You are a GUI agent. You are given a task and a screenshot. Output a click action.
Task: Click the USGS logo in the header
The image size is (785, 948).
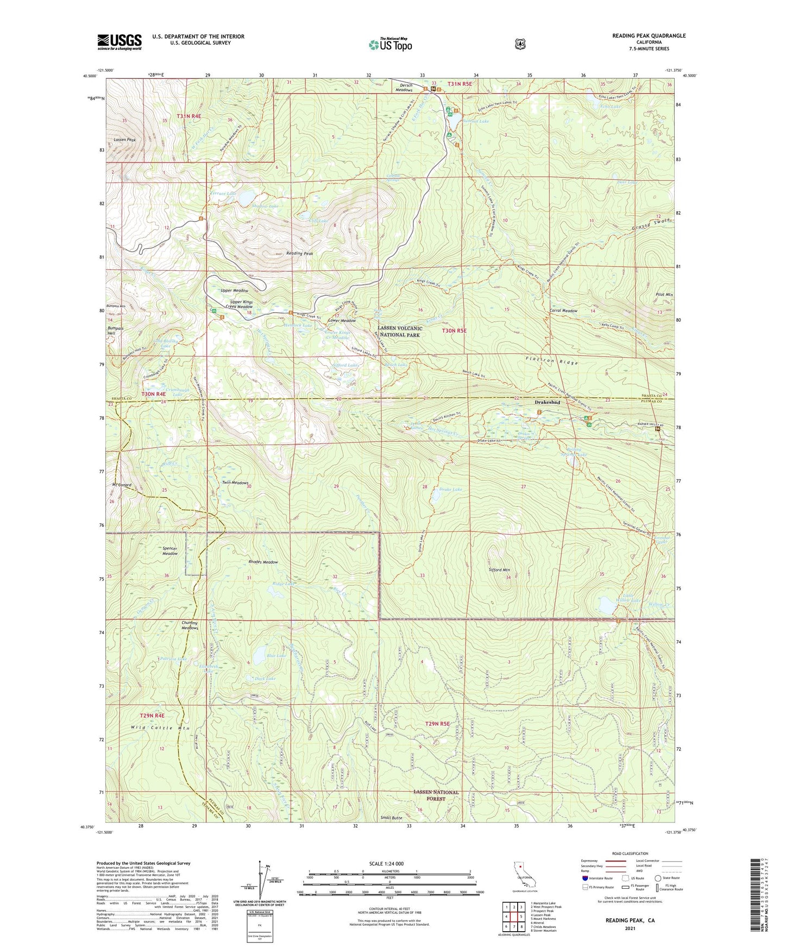click(120, 42)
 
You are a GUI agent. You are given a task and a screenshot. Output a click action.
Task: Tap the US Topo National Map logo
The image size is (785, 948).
click(390, 45)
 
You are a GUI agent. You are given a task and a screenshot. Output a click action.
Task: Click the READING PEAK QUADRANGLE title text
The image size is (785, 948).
click(649, 36)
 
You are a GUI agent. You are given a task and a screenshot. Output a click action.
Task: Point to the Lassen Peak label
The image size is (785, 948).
click(124, 140)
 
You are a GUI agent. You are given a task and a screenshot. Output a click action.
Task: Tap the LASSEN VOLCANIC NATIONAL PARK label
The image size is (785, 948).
click(400, 332)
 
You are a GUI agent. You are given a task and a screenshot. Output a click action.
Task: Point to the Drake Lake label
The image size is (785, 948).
click(450, 489)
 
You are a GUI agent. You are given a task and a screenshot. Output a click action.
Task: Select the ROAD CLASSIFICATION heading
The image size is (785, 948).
click(630, 854)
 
